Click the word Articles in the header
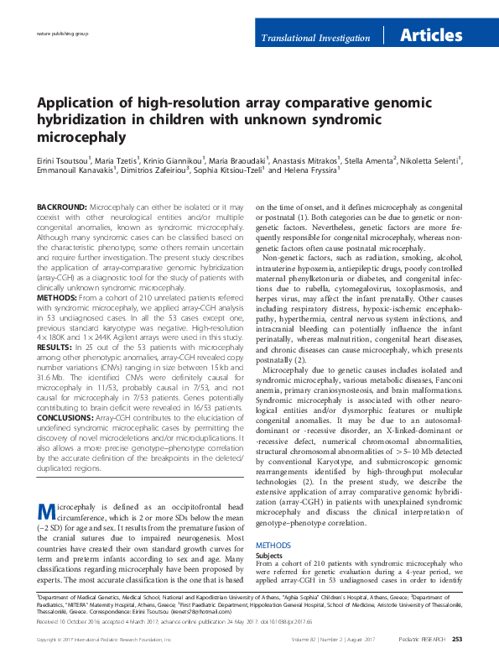pos(431,36)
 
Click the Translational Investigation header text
pos(315,39)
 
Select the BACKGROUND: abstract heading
pos(61,207)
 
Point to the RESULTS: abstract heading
pos(55,346)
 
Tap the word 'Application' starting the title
pos(73,102)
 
